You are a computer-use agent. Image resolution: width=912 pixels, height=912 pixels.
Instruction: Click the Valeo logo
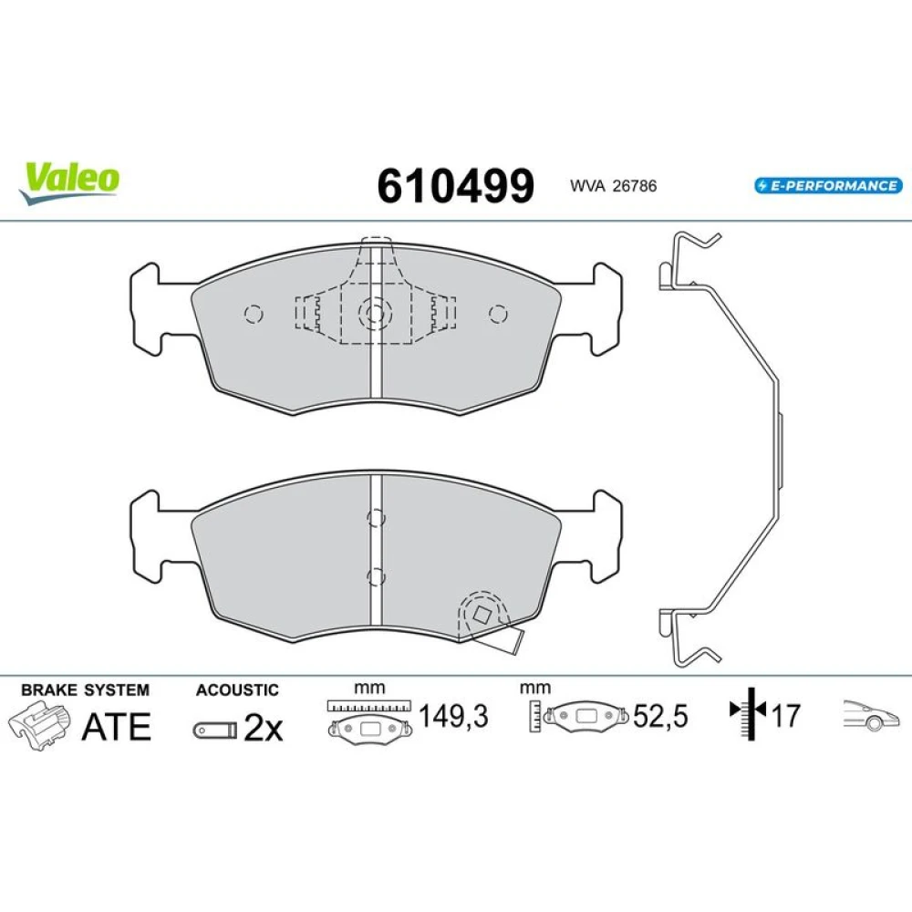68,182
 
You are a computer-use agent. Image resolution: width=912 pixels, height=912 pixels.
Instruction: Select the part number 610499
455,186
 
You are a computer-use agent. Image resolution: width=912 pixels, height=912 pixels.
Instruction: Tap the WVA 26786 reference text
613,186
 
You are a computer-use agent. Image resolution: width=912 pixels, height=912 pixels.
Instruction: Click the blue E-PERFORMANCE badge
828,185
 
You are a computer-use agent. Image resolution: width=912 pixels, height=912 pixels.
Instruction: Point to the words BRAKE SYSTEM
85,689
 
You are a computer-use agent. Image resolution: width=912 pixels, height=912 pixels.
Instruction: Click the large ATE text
117,727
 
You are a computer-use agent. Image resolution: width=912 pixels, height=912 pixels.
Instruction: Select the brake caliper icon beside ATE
39,725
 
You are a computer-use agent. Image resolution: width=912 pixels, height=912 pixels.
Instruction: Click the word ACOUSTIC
237,689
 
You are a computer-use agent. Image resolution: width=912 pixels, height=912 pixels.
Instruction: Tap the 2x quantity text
263,728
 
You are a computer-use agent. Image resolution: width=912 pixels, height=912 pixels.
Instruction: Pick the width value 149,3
453,715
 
